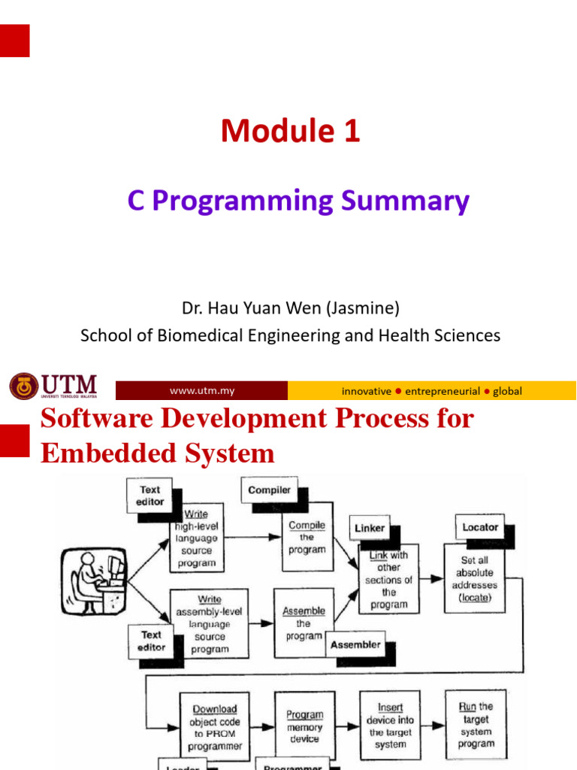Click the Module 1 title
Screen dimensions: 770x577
click(x=290, y=132)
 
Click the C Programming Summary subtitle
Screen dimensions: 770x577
click(x=298, y=201)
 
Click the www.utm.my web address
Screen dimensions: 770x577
click(x=201, y=391)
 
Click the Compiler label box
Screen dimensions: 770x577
click(x=269, y=490)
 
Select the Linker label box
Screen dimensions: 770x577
click(x=370, y=528)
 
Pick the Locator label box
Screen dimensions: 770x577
click(x=480, y=527)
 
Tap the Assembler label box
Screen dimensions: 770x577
click(x=355, y=644)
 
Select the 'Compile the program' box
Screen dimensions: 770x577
click(x=307, y=537)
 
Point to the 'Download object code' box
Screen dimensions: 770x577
click(x=214, y=726)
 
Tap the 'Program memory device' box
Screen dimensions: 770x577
click(x=304, y=726)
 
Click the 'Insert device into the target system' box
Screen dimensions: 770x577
click(x=390, y=726)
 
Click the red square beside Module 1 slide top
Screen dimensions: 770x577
click(x=14, y=41)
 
